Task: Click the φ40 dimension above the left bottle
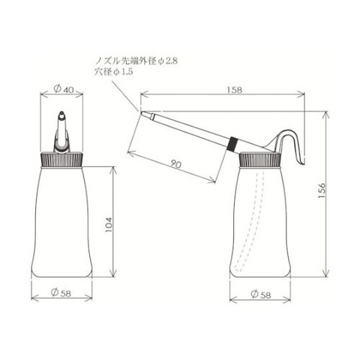point(63,90)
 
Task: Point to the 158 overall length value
point(232,91)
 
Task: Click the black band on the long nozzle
point(233,143)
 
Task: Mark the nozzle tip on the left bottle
point(63,114)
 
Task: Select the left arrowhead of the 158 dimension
point(143,94)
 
